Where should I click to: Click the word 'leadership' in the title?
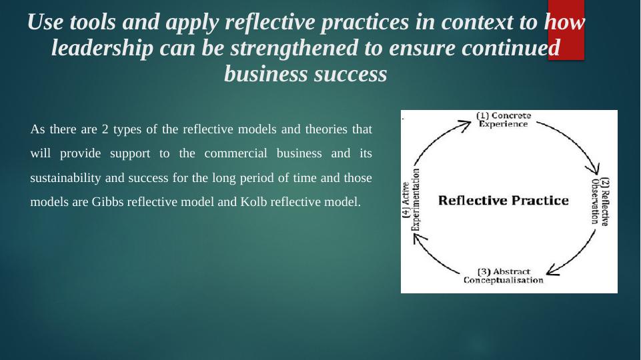[x=102, y=48]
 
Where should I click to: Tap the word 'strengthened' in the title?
[x=294, y=48]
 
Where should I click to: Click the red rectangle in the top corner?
[x=566, y=30]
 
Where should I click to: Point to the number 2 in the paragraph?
[x=105, y=129]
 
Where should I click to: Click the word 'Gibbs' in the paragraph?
[x=107, y=202]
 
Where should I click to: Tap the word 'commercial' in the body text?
[x=235, y=153]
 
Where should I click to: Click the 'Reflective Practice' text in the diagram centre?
[x=503, y=201]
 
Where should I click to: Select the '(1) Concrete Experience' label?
[x=504, y=120]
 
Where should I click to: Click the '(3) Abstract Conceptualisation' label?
[x=503, y=276]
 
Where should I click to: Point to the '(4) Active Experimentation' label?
[x=412, y=200]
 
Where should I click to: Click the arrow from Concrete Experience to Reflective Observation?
[x=577, y=139]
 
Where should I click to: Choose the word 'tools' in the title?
[x=93, y=22]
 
